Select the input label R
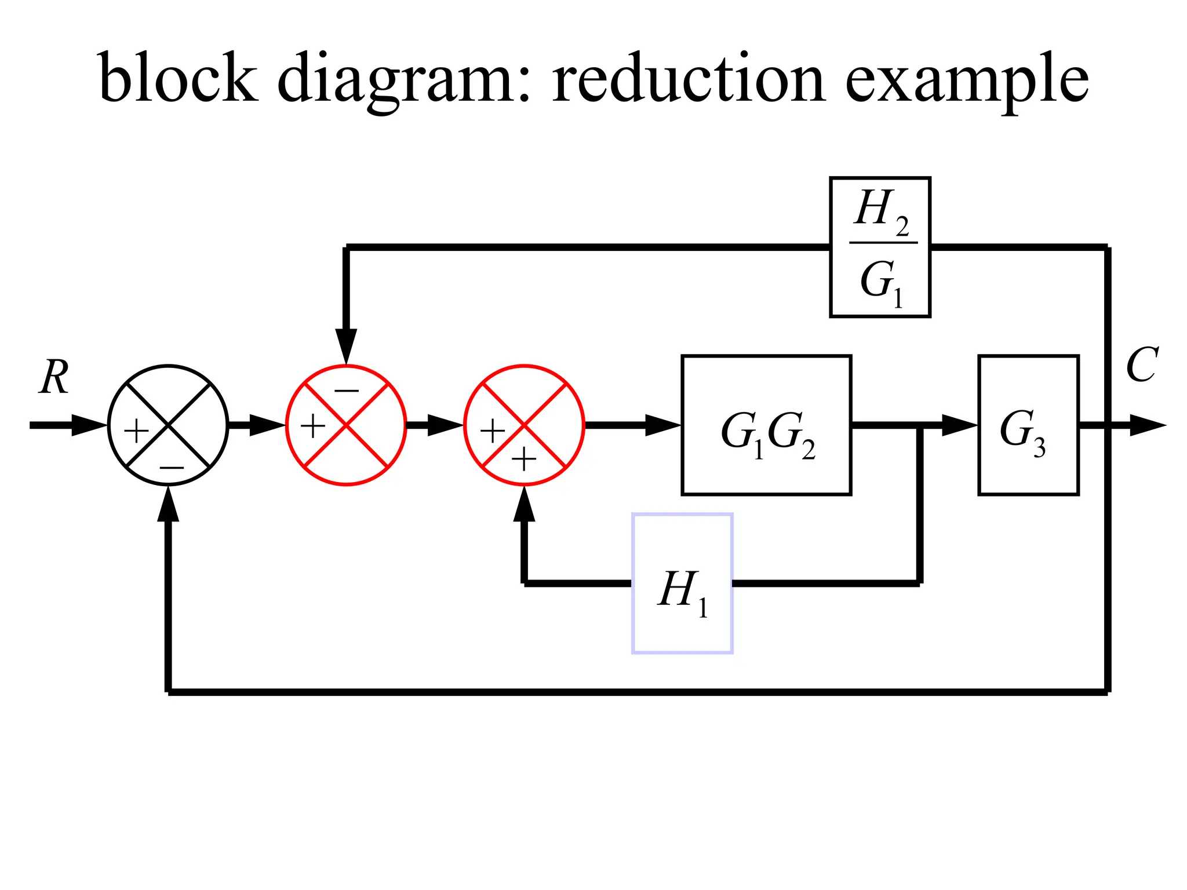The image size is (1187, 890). pos(54,377)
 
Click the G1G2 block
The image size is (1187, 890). pos(766,425)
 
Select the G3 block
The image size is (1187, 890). pos(1028,425)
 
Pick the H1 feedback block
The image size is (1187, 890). pos(682,583)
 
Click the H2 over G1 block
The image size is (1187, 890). pos(880,247)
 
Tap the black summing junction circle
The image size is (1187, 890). pos(168,425)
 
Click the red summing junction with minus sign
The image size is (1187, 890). pos(346,425)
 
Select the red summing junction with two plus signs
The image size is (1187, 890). pos(524,425)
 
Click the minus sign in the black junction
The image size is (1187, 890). pos(172,467)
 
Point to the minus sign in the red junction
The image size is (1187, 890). pos(347,391)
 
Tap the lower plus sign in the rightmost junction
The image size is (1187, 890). pos(524,460)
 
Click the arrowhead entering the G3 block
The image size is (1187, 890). pos(959,425)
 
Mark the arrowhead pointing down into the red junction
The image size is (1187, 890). pos(346,346)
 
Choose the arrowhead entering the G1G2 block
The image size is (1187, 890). pos(662,425)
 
